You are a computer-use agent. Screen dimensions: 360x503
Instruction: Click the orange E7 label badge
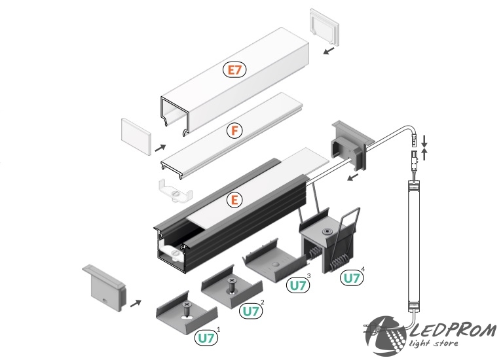pos(234,69)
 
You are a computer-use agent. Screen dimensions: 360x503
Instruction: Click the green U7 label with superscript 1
pos(206,338)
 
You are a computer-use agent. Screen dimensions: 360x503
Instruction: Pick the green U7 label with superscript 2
pos(250,311)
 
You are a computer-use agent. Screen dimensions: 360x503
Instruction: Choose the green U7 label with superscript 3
pos(297,285)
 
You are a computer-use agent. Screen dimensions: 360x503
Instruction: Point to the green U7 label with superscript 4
pos(351,278)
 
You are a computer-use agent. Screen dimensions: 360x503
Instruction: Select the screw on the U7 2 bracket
pos(232,285)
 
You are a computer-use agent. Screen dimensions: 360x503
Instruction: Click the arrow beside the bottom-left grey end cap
pos(136,302)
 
